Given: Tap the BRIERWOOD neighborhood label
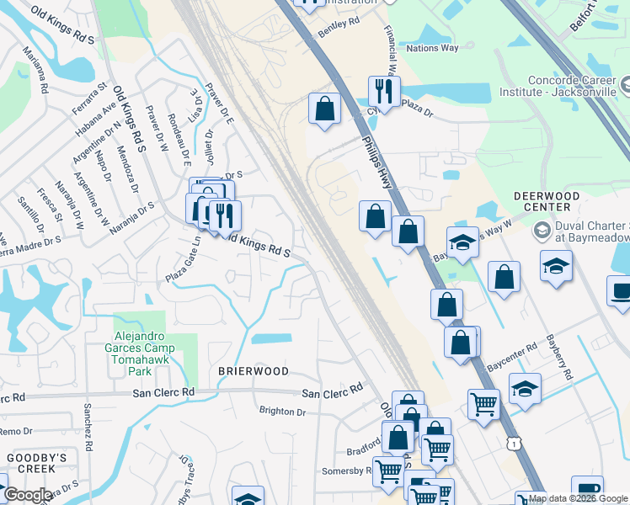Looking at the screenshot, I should pos(254,371).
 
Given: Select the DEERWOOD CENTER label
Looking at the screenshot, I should pos(547,201).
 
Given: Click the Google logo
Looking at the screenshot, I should pos(28,495).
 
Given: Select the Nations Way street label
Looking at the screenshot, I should pos(432,48).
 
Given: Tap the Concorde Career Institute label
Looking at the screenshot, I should pos(573,87).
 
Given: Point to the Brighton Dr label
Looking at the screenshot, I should pos(282,412).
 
